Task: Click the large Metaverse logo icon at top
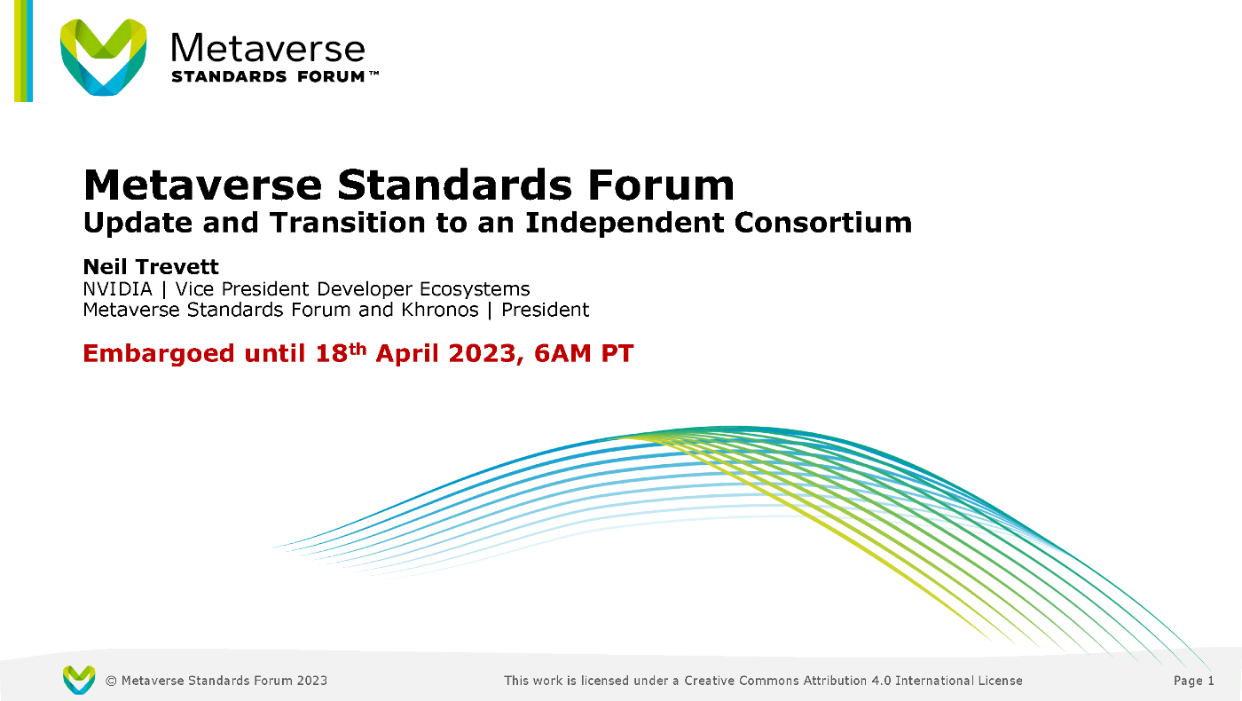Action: tap(103, 57)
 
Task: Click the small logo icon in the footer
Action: tap(79, 680)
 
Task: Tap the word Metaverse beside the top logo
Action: tap(268, 48)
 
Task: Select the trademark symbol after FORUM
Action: tap(373, 73)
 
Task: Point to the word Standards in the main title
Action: tap(454, 185)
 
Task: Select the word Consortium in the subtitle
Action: tap(823, 223)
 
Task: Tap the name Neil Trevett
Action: tap(151, 267)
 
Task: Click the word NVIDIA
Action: tap(117, 289)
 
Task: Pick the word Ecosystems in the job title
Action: tap(475, 289)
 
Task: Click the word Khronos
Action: tap(440, 310)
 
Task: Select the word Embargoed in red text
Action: tap(159, 354)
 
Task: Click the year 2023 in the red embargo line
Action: tap(482, 354)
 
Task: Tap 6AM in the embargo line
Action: tap(562, 354)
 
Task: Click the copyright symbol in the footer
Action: tap(111, 681)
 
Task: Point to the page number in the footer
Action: tap(1194, 681)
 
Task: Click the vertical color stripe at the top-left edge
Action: tap(23, 51)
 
